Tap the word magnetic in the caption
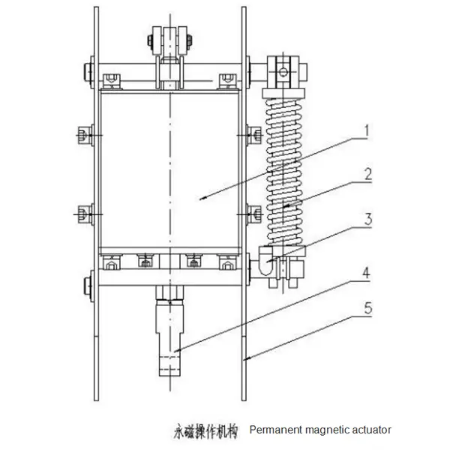pyautogui.click(x=325, y=430)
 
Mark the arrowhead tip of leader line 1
pyautogui.click(x=200, y=199)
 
